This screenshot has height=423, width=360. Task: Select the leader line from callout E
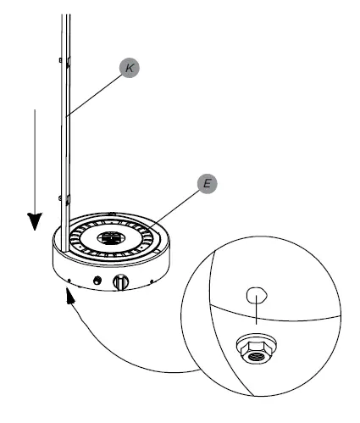[178, 204]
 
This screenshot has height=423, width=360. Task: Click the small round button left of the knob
[98, 279]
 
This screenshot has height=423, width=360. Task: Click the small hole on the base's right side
[152, 281]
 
